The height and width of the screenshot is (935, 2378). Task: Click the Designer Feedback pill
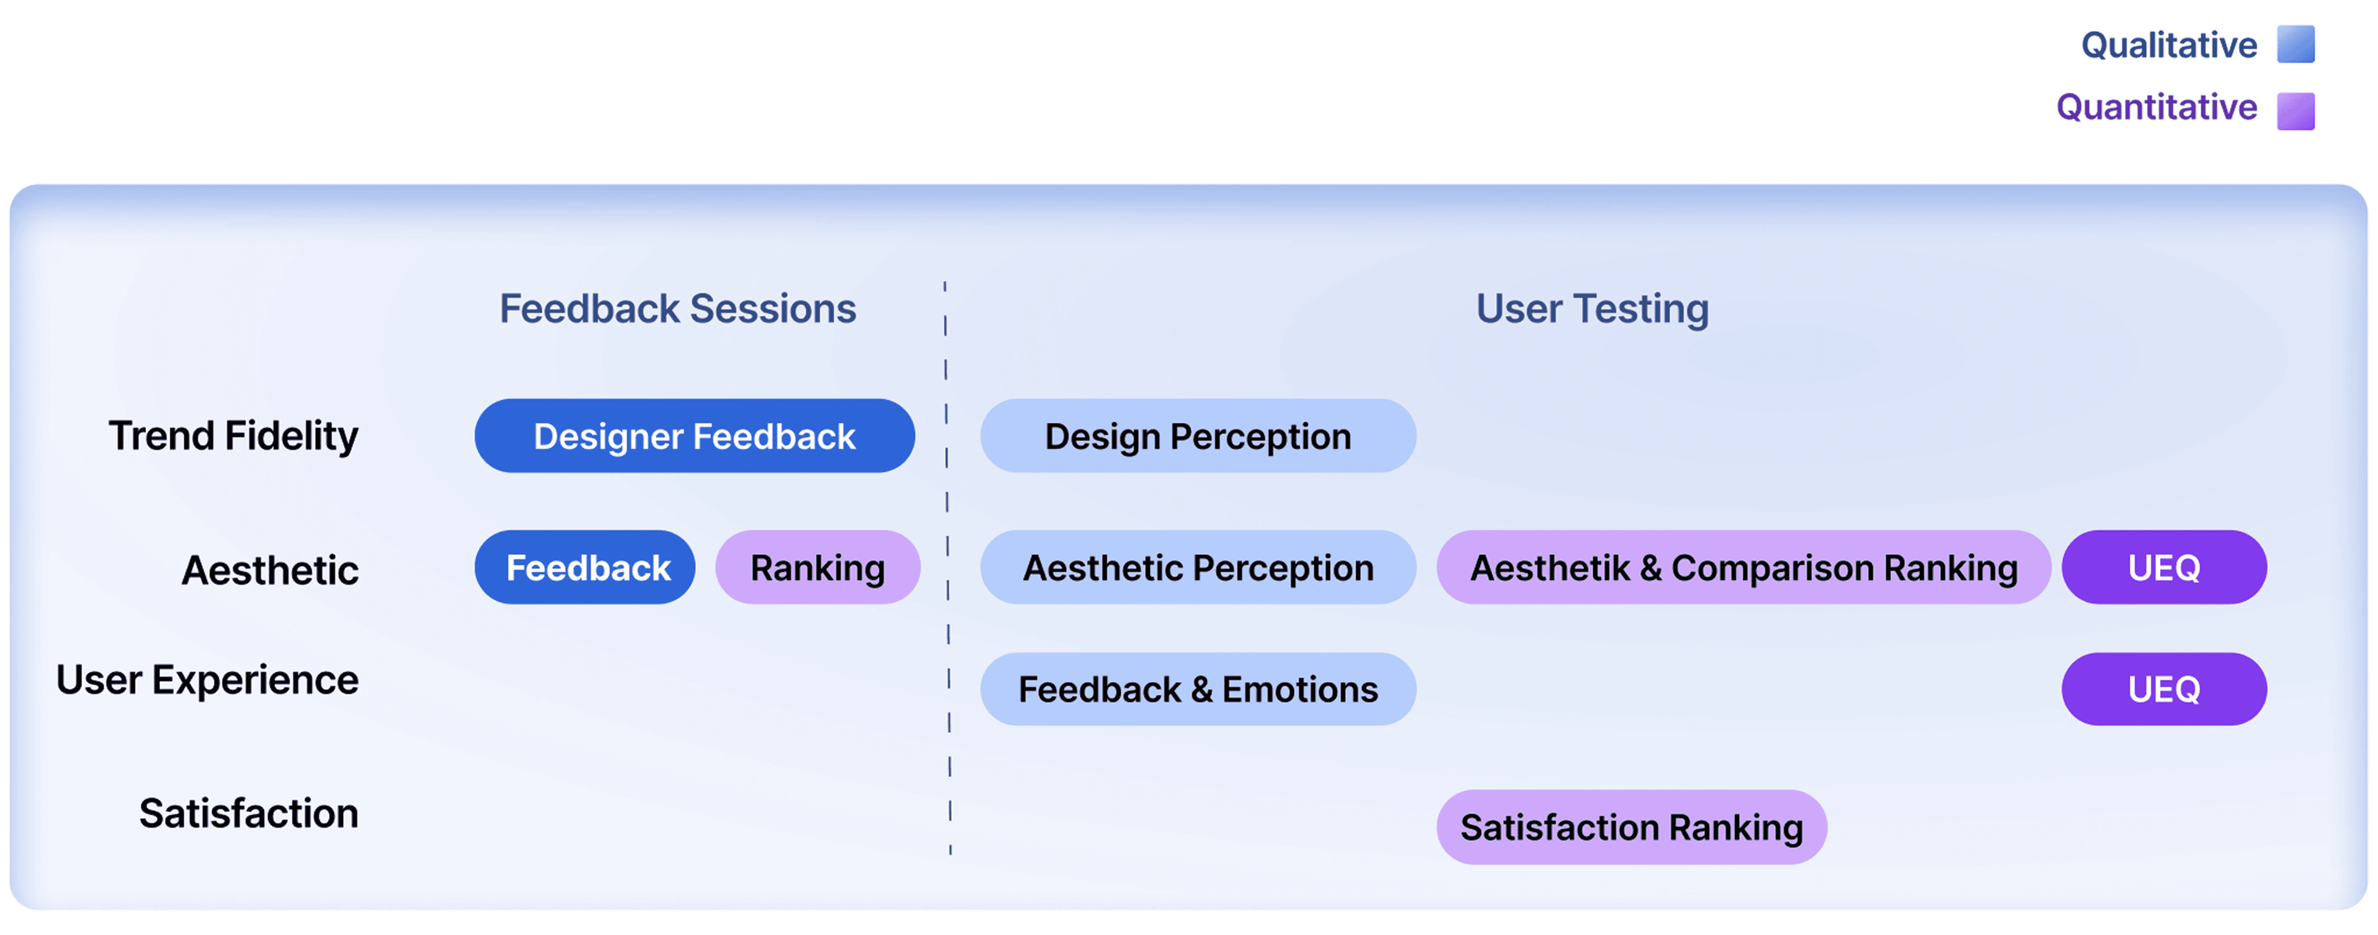click(694, 435)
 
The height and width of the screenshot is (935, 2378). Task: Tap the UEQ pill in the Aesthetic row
click(2164, 567)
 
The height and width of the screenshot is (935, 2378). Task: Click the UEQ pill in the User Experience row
click(2164, 688)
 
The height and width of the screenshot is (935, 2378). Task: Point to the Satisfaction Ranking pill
click(1631, 827)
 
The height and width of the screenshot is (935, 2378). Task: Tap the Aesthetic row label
click(270, 569)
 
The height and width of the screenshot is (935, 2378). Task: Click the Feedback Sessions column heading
click(678, 308)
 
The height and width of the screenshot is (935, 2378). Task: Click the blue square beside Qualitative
click(2296, 44)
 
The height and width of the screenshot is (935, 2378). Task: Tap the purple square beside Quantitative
click(2296, 111)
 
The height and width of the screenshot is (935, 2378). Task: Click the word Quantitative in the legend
click(2156, 107)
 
